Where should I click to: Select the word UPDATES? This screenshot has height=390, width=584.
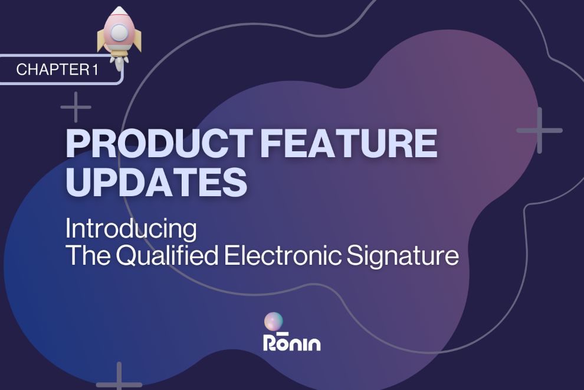[156, 182]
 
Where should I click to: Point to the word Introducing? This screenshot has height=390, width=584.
[131, 229]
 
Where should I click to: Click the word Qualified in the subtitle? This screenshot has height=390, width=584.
[167, 256]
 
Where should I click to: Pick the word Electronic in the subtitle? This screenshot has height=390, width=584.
[283, 255]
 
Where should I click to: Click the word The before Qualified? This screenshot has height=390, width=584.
[88, 255]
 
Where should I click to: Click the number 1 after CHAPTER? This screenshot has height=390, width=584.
[96, 69]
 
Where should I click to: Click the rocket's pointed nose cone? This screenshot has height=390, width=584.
[119, 11]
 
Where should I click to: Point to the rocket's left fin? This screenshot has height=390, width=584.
[101, 40]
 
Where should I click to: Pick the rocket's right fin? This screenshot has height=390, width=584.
[137, 40]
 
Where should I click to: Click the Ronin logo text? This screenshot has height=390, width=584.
[292, 342]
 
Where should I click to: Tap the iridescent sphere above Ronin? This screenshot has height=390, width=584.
[273, 321]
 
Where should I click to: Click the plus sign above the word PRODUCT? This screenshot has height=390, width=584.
[76, 107]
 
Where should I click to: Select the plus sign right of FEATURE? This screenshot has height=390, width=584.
[539, 130]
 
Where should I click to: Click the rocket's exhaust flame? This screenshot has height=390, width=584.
[119, 63]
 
